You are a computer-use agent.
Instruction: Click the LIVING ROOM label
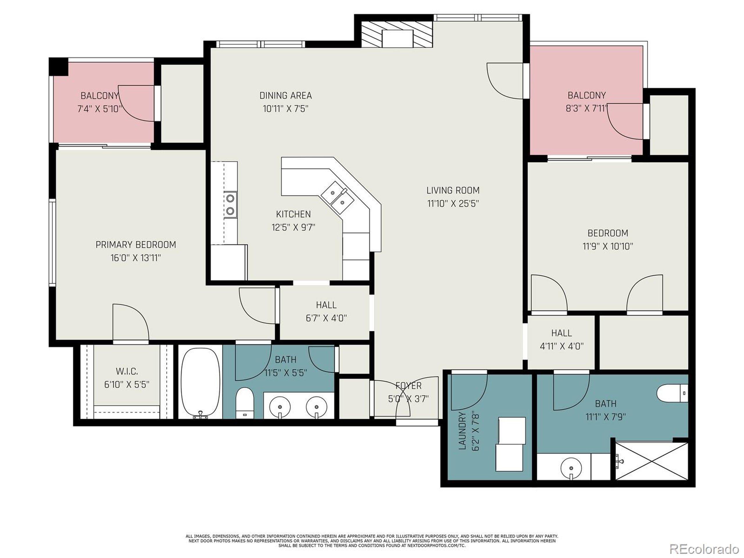tap(453, 190)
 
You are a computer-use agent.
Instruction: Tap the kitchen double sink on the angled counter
tap(337, 198)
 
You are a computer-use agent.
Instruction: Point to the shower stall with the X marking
tap(652, 461)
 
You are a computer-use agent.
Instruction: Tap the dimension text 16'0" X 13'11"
tap(135, 258)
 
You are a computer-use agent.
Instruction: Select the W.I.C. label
tap(126, 371)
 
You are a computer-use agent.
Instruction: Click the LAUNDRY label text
tap(462, 431)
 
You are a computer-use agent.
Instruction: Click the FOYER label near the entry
tap(408, 385)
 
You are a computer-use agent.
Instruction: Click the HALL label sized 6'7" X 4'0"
tap(326, 305)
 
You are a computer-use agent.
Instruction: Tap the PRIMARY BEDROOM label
tap(135, 244)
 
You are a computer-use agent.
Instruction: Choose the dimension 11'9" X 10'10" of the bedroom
tap(607, 246)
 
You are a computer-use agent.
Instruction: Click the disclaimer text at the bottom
tap(372, 541)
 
